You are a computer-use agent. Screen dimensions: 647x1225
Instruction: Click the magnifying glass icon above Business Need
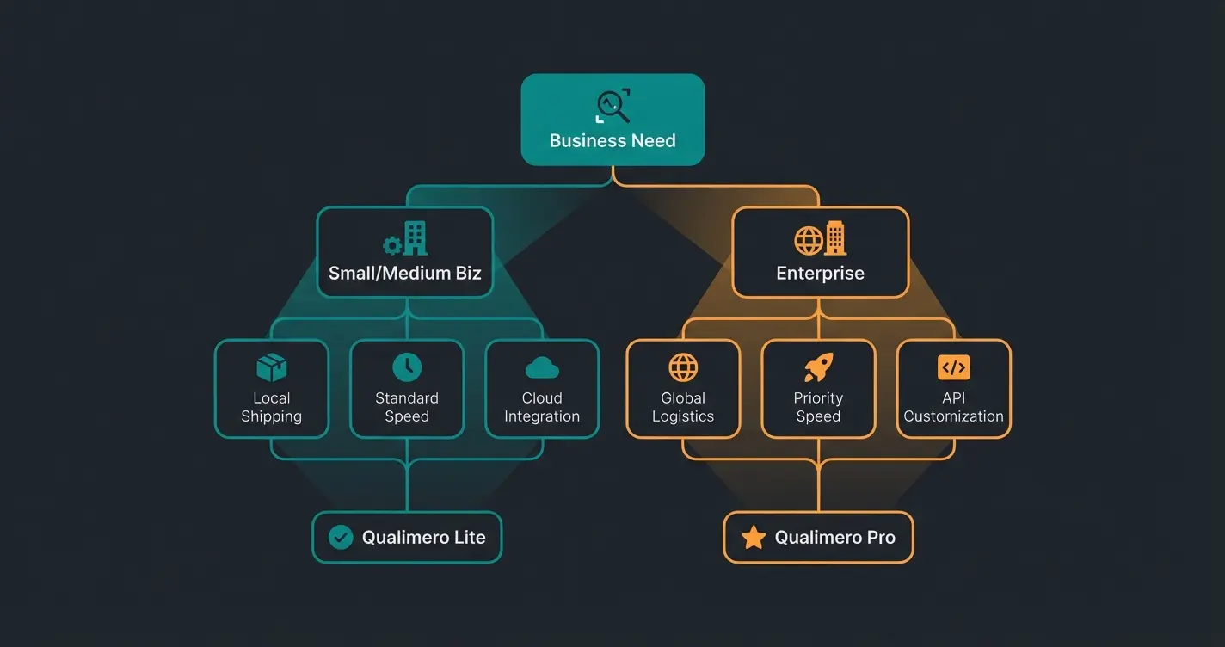point(612,106)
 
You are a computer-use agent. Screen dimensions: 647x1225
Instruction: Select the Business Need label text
point(612,140)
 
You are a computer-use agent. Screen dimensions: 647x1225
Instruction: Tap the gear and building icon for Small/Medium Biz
point(405,238)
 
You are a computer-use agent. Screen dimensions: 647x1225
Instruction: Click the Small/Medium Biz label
point(405,274)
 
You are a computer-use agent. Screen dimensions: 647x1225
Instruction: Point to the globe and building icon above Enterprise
point(820,238)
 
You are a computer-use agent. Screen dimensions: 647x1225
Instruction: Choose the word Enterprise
point(820,274)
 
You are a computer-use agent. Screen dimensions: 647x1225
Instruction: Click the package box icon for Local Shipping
point(272,368)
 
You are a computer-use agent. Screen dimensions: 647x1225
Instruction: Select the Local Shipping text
point(272,407)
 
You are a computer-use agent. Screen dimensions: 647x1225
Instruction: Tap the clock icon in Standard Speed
point(407,367)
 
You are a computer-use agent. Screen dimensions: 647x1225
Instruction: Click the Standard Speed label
point(407,407)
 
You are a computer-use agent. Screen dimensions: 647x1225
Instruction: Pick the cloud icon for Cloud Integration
point(542,369)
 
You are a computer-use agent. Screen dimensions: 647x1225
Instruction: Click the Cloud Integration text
point(542,407)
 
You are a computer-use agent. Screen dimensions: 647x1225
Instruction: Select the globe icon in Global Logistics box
point(683,367)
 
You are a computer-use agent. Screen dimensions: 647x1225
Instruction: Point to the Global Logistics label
point(683,407)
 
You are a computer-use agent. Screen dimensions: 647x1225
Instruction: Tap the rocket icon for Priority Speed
point(818,367)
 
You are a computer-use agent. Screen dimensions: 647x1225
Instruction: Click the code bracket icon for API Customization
point(953,367)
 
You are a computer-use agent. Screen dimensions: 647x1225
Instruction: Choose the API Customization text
point(953,407)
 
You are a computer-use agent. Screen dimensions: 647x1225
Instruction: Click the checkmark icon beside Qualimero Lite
point(341,538)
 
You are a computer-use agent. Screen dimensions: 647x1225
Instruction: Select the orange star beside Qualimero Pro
point(754,538)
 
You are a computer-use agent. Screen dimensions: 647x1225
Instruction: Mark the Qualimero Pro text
point(834,538)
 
